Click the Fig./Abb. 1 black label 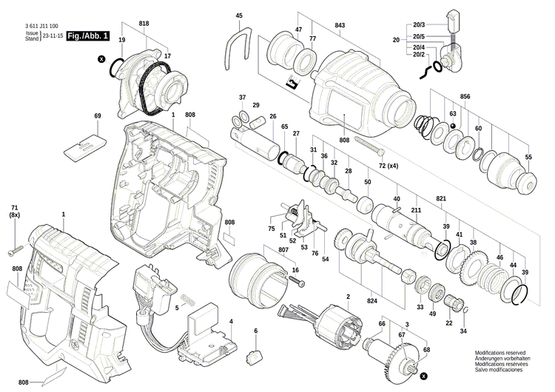pos(87,36)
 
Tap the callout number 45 pos(239,16)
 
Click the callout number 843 pos(340,27)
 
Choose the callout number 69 pos(97,116)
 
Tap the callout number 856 pos(465,98)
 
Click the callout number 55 pos(528,158)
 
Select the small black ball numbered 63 pos(452,126)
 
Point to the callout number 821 pos(441,200)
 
